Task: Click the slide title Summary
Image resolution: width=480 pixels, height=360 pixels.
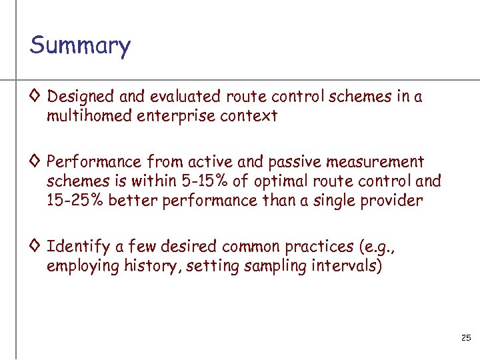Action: pos(80,46)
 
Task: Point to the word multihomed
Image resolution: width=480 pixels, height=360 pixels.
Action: pos(89,117)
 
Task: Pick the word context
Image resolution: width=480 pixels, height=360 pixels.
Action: pos(252,117)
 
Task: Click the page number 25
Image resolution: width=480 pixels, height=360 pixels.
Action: pos(466,339)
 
